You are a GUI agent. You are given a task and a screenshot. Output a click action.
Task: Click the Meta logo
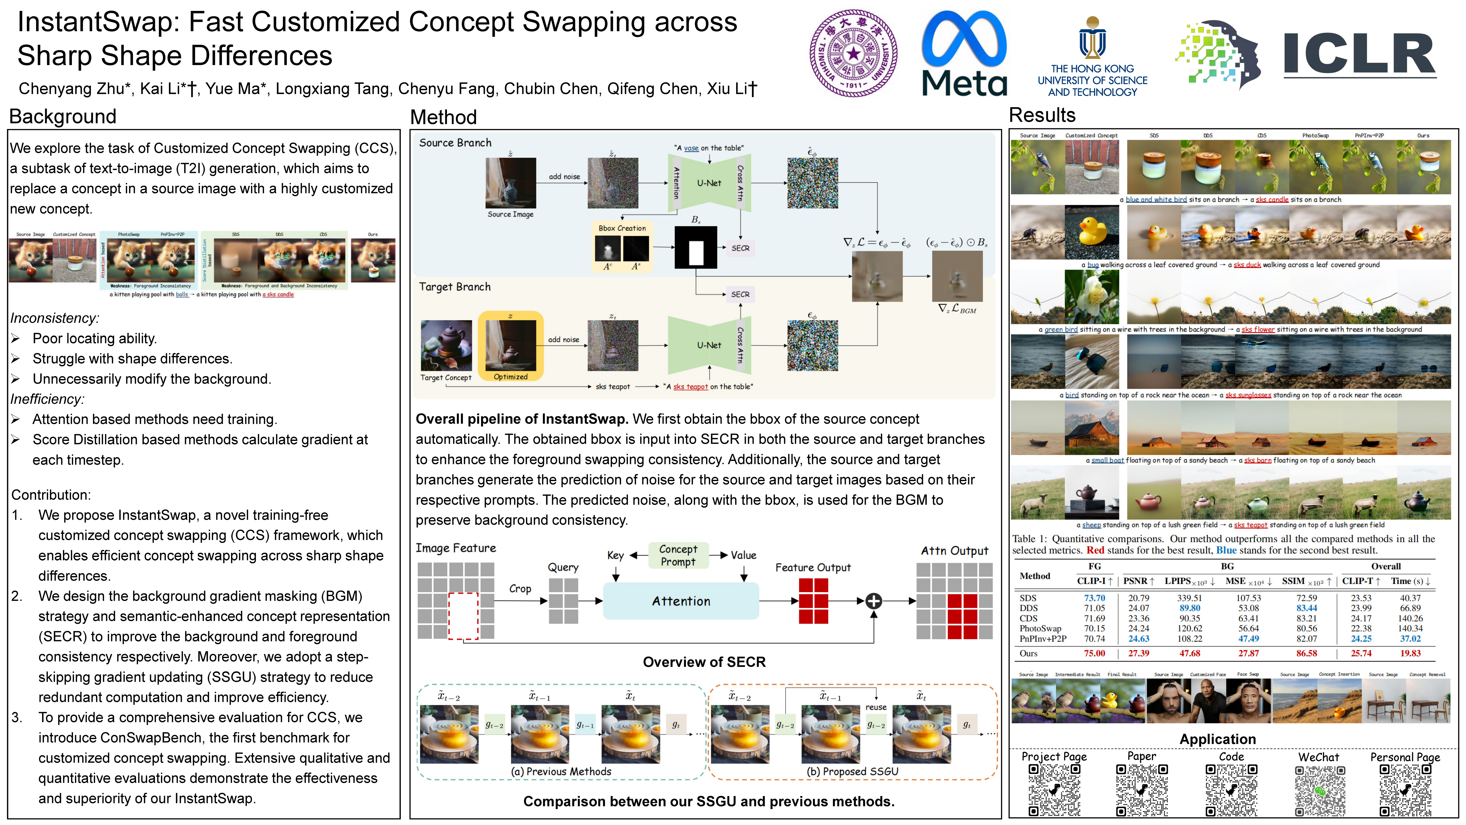964,54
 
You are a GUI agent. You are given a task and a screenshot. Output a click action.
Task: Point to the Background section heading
63,117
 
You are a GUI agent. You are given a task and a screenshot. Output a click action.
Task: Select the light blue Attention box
681,601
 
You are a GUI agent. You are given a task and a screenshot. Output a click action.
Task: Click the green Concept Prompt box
678,555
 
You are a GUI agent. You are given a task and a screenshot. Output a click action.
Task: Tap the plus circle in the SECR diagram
874,601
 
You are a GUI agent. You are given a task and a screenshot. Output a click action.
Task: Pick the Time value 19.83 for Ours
1410,654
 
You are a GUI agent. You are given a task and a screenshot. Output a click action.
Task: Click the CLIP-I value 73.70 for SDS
1094,598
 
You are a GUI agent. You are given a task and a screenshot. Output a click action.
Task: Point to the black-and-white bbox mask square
695,248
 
